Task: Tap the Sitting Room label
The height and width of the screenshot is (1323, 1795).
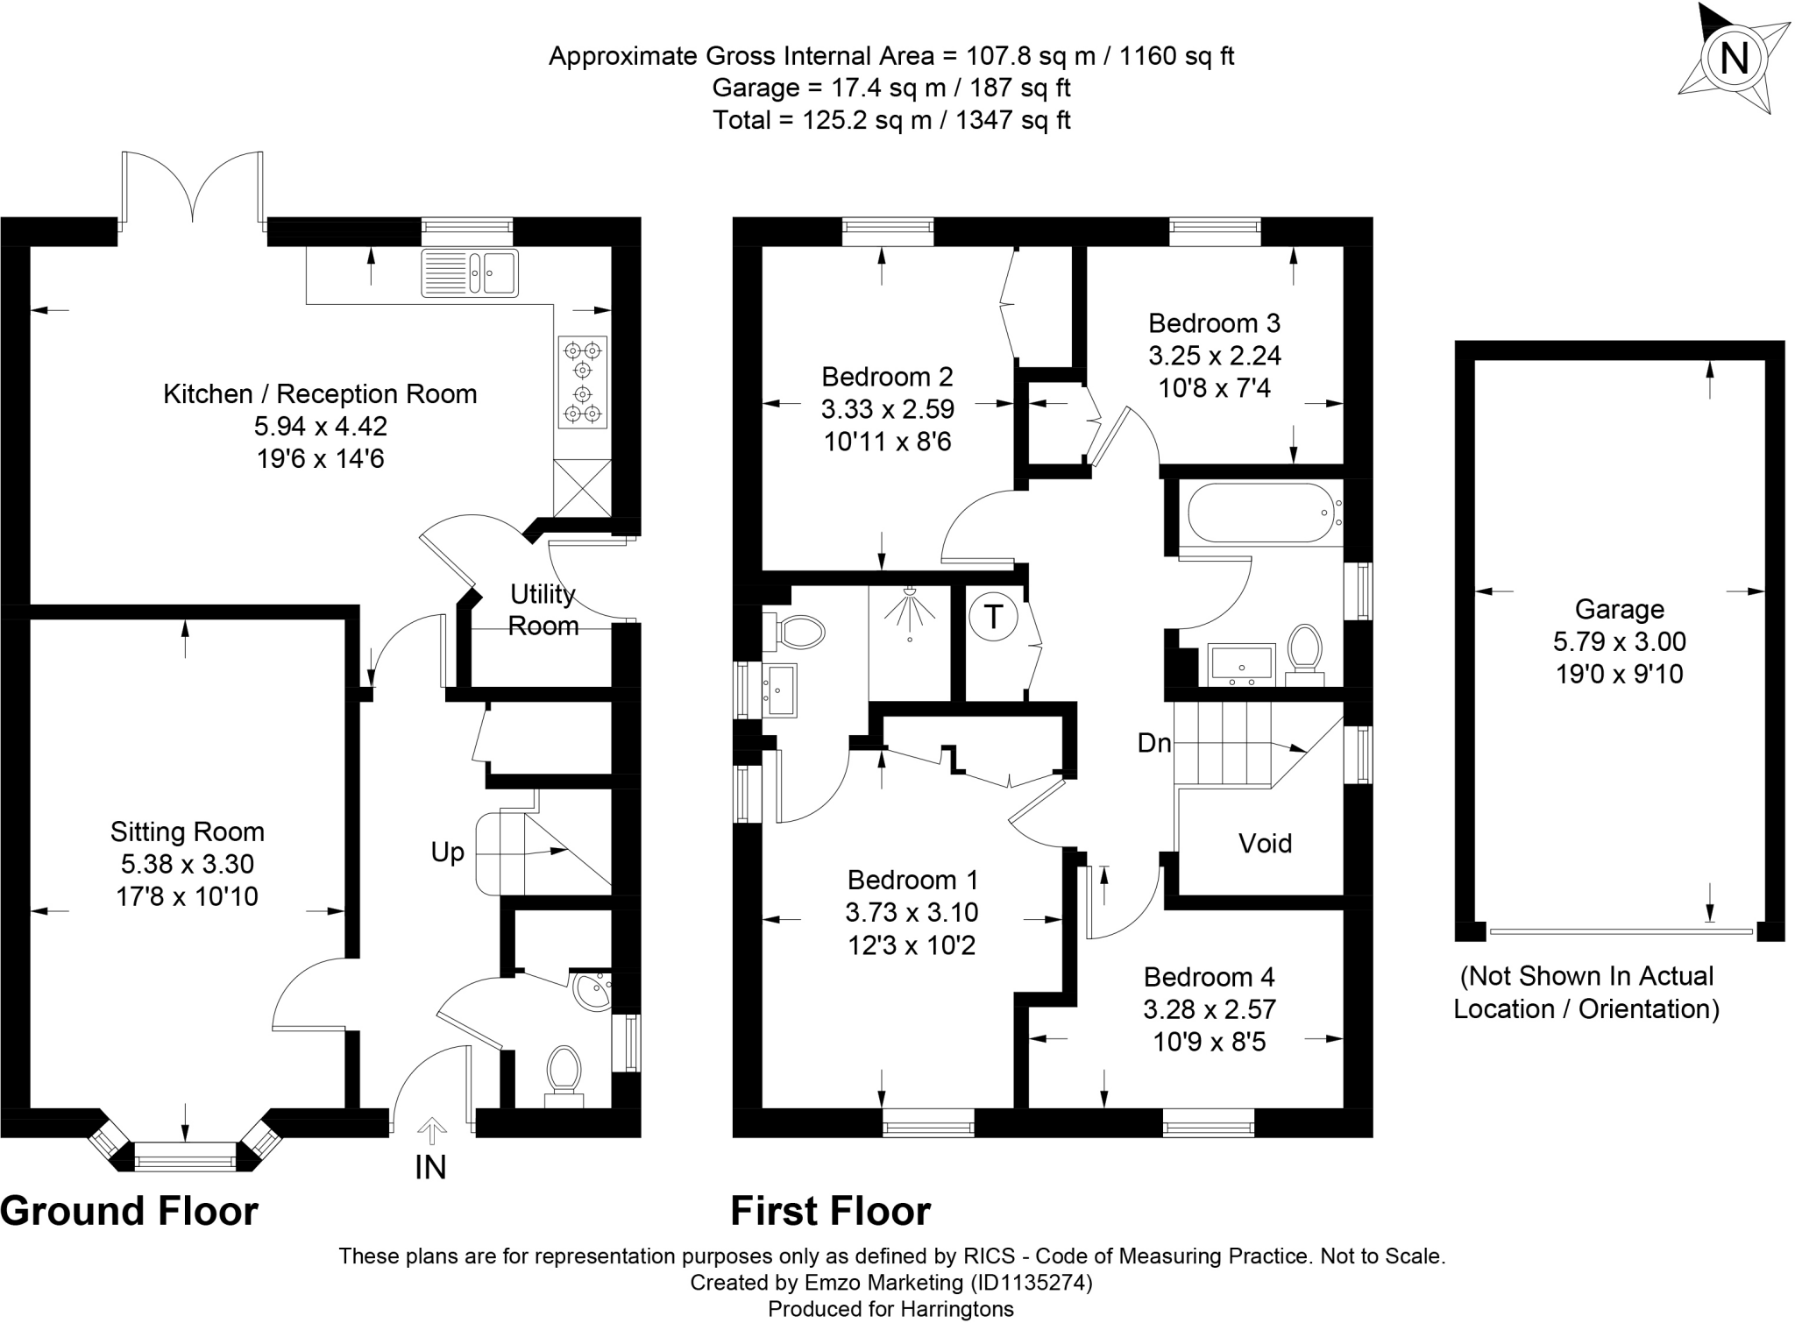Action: tap(187, 831)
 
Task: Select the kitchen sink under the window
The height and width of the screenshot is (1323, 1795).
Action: tap(470, 272)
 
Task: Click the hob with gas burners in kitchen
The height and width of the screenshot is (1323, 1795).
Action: tap(583, 382)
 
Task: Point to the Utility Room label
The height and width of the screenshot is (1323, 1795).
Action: tap(543, 610)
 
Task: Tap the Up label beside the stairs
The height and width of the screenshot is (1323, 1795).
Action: tap(447, 852)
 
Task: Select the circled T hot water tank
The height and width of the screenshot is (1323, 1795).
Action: tap(993, 617)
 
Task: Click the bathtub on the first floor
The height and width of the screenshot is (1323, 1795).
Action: tap(1259, 513)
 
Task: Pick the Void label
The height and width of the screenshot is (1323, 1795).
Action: tap(1265, 843)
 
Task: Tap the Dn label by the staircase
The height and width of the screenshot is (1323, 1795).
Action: tap(1153, 743)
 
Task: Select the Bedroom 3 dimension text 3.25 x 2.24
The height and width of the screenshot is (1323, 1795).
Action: tap(1214, 356)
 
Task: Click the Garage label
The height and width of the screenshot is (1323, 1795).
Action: tap(1619, 609)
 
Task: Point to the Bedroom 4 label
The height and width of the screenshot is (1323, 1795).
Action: tap(1209, 977)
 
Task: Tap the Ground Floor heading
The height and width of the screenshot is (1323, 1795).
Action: tap(130, 1212)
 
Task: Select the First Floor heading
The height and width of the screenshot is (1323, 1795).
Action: tap(830, 1212)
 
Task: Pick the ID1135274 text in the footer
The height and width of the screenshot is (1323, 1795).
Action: tap(1030, 1283)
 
